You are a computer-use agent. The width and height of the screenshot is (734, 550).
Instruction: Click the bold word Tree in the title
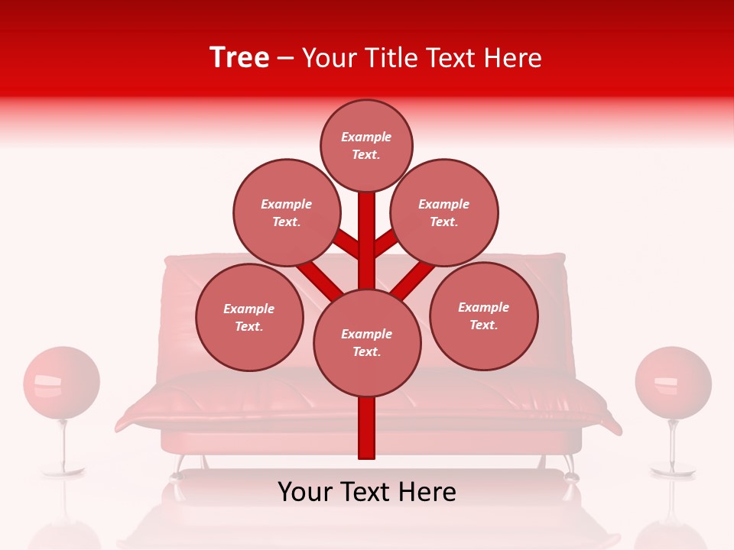click(x=239, y=58)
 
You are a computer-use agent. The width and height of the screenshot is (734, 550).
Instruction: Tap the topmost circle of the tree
click(x=366, y=145)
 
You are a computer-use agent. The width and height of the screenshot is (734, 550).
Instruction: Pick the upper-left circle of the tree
click(x=286, y=212)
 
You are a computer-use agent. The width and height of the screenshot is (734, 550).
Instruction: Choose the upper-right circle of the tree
click(x=443, y=212)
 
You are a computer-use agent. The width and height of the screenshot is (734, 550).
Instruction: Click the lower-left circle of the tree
click(x=249, y=317)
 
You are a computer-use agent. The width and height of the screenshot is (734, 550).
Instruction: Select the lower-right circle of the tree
click(x=483, y=315)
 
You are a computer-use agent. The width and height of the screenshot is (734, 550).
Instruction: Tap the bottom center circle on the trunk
click(x=367, y=342)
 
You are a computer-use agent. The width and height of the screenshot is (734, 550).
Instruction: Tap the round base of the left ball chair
click(x=63, y=472)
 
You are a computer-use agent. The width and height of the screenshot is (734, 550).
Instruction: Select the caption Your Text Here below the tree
click(x=367, y=492)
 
